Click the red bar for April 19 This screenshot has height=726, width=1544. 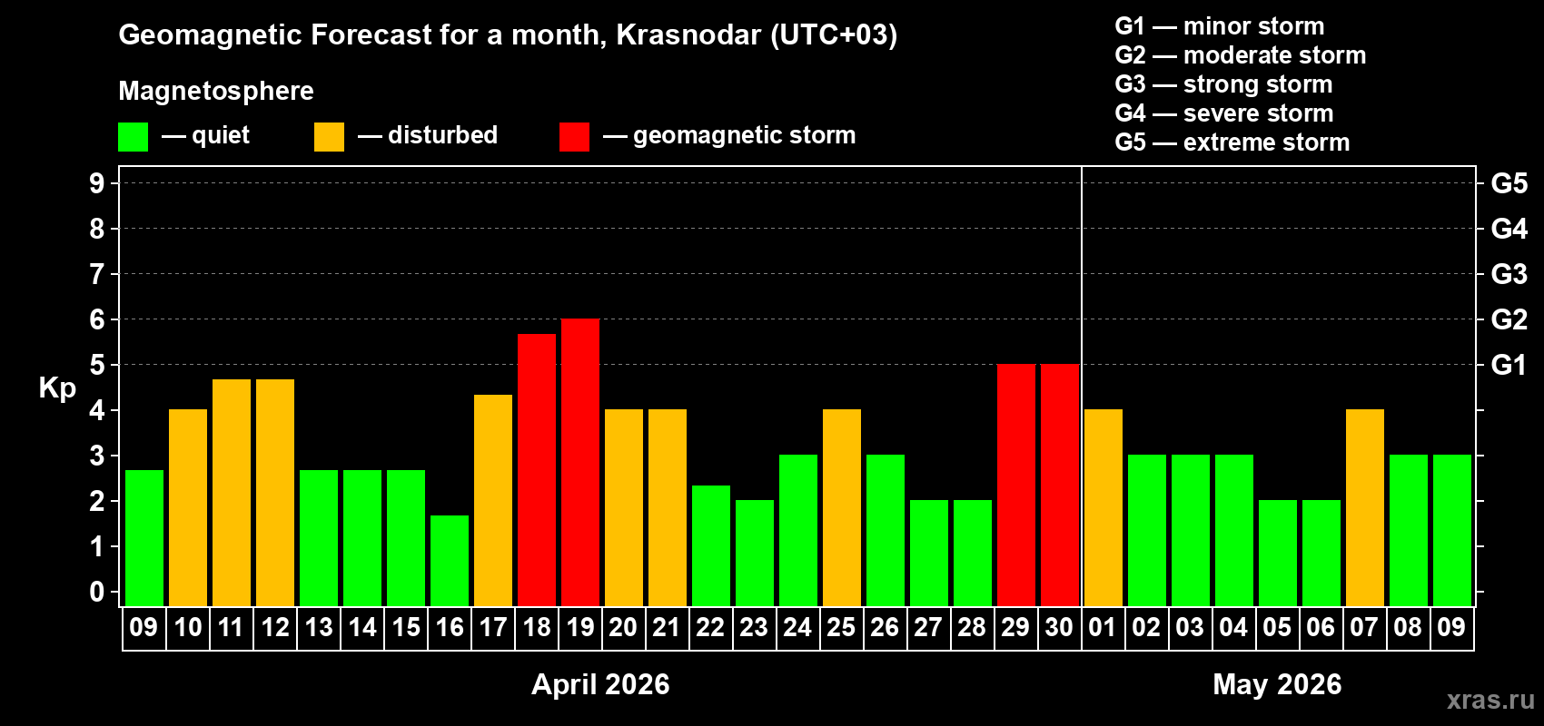tap(580, 462)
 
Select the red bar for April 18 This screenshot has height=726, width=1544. tap(537, 469)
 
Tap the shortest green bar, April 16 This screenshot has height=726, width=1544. tap(450, 560)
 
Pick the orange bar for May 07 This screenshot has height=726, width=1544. tap(1365, 507)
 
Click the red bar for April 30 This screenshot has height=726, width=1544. tap(1060, 485)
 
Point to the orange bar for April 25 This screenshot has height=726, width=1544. tap(842, 507)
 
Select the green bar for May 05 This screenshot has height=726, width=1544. tap(1278, 553)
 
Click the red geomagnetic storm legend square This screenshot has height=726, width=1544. tap(574, 137)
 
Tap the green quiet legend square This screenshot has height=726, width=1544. tap(134, 137)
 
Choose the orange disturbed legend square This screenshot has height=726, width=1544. tap(329, 137)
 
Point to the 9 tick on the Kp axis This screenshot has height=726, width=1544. tap(97, 183)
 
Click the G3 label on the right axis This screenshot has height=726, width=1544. tap(1509, 274)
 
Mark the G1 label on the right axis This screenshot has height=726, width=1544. tap(1509, 365)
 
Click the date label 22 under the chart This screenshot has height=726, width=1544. tap(710, 627)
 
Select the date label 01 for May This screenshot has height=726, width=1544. tap(1103, 627)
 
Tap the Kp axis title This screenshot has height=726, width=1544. tap(57, 388)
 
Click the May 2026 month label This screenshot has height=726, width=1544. tap(1277, 684)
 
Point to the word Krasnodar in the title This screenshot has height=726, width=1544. tap(688, 34)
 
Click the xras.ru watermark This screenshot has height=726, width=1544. tap(1490, 700)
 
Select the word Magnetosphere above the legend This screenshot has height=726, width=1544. tap(216, 91)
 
